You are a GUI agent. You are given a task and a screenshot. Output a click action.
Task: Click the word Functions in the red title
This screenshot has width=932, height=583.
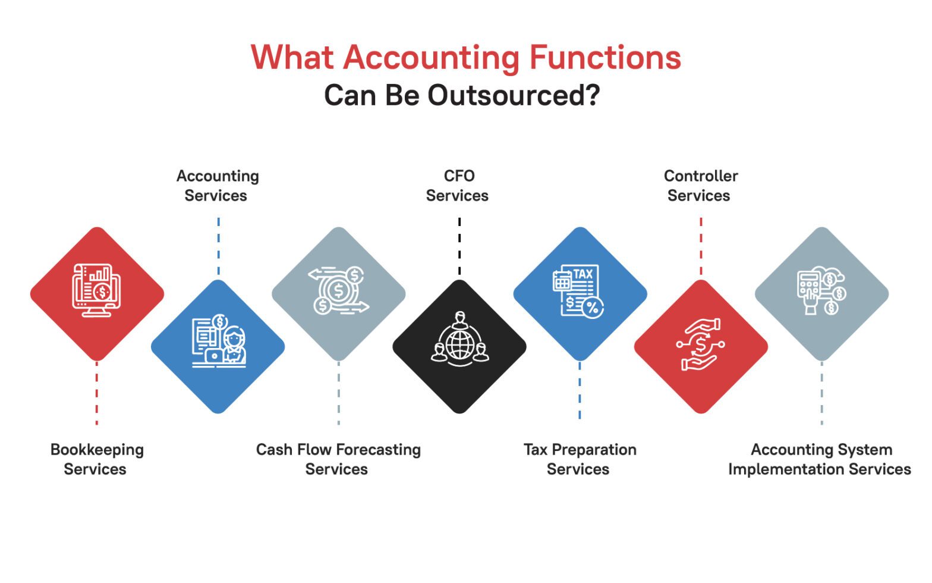[604, 58]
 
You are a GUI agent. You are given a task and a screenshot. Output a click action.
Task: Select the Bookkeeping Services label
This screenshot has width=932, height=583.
[96, 459]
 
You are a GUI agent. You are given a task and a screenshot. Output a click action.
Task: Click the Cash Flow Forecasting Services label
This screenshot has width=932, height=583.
[338, 459]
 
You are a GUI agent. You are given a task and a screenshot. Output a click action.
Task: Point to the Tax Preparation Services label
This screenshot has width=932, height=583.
[580, 459]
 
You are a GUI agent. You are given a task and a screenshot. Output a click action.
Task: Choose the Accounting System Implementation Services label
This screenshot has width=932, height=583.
[820, 459]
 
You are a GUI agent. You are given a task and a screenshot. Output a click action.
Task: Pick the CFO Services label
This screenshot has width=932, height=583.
[458, 186]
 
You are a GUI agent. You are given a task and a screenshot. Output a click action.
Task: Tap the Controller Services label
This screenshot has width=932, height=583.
[700, 186]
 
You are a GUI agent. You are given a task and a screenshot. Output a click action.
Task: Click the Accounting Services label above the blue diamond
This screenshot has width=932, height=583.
[217, 186]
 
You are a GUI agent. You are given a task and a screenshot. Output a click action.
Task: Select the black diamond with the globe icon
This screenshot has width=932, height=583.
[459, 347]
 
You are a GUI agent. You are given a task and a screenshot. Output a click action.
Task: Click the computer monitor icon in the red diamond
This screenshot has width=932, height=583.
[96, 290]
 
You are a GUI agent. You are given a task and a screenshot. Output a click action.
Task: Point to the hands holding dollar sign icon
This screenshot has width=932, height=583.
[700, 345]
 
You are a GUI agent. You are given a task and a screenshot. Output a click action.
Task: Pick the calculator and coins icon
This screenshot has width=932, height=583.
[821, 290]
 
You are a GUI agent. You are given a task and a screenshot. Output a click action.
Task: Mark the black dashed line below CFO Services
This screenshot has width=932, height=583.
[459, 246]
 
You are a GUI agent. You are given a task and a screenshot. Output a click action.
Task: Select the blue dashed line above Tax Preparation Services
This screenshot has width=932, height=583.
[580, 390]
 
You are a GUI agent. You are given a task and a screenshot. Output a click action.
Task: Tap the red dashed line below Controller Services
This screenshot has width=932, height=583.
[701, 246]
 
